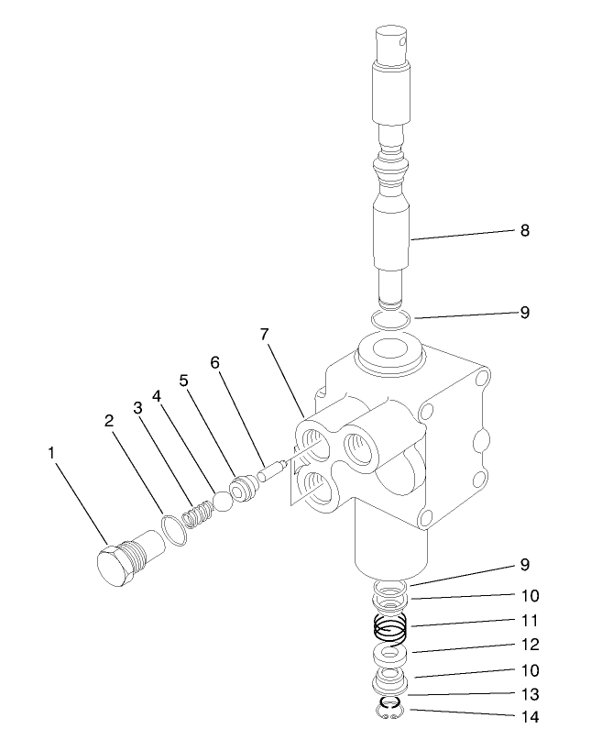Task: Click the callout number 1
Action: (53, 452)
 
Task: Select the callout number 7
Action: (264, 335)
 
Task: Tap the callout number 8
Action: (525, 230)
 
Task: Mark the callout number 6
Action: (215, 362)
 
